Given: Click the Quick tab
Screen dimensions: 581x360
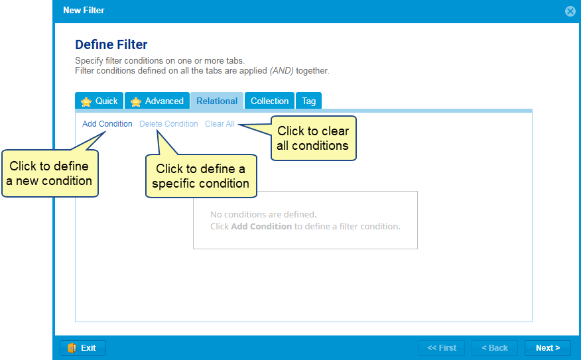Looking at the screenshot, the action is coord(99,101).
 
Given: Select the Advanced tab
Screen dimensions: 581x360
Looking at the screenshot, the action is coord(157,101).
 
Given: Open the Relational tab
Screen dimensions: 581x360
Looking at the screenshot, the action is coord(217,101).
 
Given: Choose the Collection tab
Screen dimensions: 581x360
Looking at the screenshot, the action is coord(269,101).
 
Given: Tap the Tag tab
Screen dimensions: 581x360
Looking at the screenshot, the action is coord(308,101).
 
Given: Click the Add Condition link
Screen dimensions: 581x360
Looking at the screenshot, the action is coord(107,124).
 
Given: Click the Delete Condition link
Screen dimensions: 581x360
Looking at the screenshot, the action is coord(168,124).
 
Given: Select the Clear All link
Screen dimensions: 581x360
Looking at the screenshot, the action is coord(220,124).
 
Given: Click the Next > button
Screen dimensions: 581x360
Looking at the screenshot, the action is coord(548,348).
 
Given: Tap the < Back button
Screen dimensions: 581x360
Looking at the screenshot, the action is coord(494,348).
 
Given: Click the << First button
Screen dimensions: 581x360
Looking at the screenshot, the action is coord(441,348).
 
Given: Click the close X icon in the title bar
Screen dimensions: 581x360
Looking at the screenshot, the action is coord(570,11).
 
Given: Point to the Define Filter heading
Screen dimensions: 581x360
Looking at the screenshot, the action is coord(111,44).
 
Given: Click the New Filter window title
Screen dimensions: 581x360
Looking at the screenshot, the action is coord(84,11).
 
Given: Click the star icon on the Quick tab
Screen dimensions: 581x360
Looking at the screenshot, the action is coord(86,101).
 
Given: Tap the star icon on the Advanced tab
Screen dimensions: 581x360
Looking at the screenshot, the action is coord(136,101).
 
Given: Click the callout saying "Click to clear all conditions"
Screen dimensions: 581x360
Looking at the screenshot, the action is coord(313,138).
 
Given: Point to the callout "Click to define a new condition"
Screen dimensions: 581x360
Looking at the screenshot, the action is coord(50,173).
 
